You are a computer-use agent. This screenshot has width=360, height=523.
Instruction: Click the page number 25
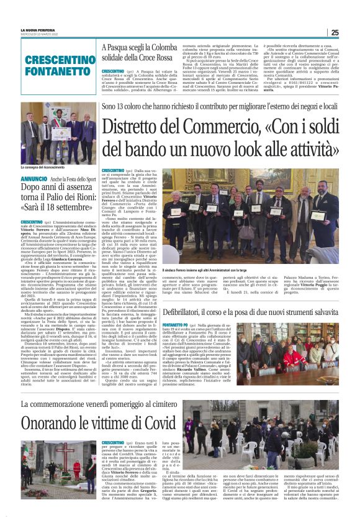point(335,33)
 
